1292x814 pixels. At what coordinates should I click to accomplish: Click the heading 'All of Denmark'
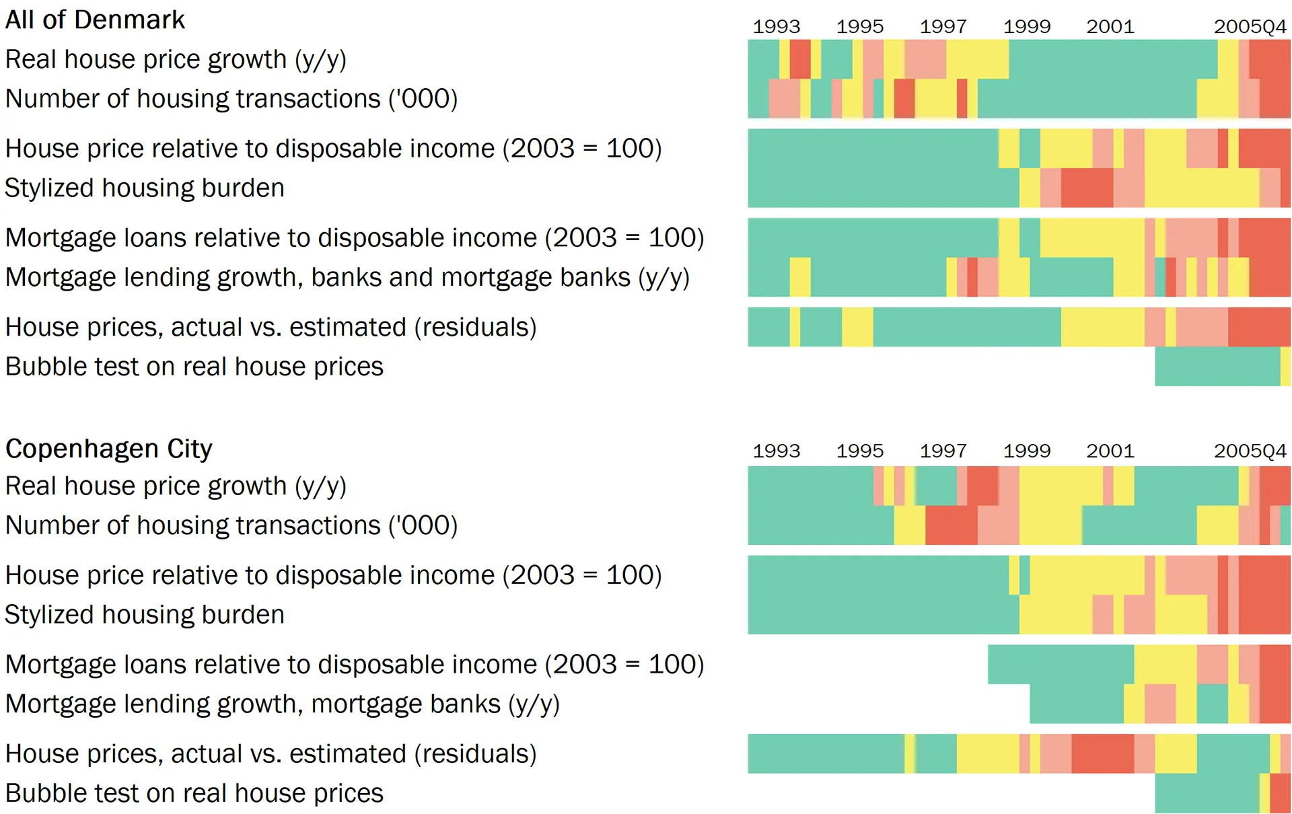(95, 20)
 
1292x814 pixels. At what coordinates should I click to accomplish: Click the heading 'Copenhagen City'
(108, 449)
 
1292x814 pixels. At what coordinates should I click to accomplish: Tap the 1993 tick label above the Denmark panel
(776, 27)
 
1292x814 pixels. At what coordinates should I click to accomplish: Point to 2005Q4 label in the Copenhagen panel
(1250, 451)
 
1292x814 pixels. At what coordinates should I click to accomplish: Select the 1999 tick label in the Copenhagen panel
(1026, 451)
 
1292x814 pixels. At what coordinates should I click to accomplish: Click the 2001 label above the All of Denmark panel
(1110, 27)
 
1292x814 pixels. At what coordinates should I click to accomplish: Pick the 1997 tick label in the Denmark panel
(943, 27)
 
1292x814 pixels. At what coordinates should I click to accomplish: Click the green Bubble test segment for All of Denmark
(1217, 367)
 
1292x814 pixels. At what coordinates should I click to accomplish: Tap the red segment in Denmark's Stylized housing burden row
(1087, 188)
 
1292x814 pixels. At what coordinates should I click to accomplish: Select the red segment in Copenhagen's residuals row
(1102, 753)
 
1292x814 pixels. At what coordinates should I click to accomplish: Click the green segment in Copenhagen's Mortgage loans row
(1060, 664)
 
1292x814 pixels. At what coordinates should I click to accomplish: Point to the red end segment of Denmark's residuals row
(1258, 327)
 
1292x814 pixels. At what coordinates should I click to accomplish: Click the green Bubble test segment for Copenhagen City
(1207, 794)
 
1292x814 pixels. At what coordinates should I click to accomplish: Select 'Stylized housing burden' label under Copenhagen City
(145, 615)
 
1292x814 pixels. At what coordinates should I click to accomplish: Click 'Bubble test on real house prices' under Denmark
(194, 367)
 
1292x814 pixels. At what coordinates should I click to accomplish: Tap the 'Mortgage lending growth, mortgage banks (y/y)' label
(282, 704)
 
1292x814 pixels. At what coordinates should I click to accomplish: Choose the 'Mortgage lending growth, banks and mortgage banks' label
(347, 277)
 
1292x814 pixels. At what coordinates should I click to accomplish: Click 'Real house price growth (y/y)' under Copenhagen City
(175, 486)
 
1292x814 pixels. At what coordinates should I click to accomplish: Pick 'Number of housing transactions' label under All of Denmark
(231, 99)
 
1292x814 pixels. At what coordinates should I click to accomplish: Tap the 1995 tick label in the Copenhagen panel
(859, 451)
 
